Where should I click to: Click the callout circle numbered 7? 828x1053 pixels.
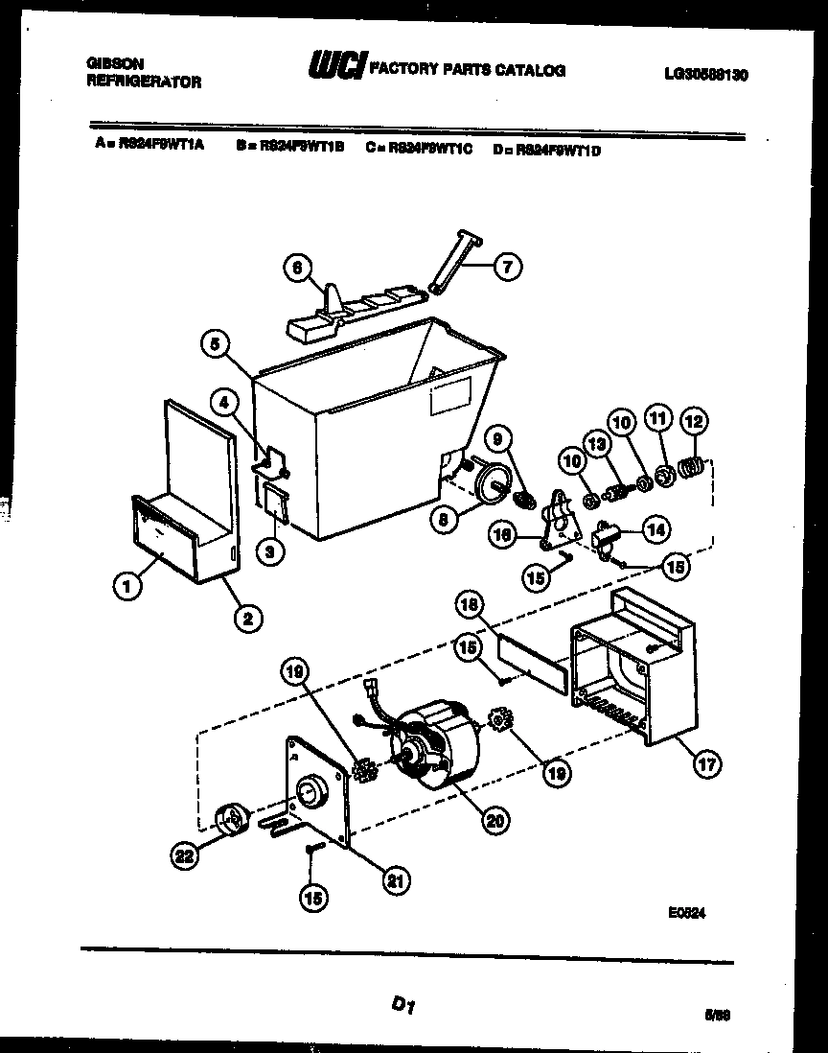pyautogui.click(x=507, y=268)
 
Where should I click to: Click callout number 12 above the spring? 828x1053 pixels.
pyautogui.click(x=693, y=420)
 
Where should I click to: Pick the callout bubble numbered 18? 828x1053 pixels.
pyautogui.click(x=469, y=605)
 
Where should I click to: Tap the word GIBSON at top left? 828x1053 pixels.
pyautogui.click(x=116, y=64)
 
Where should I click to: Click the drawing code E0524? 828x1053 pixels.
pyautogui.click(x=687, y=913)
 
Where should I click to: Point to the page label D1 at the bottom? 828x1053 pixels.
pyautogui.click(x=402, y=1005)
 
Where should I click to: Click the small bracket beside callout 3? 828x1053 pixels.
pyautogui.click(x=276, y=503)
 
